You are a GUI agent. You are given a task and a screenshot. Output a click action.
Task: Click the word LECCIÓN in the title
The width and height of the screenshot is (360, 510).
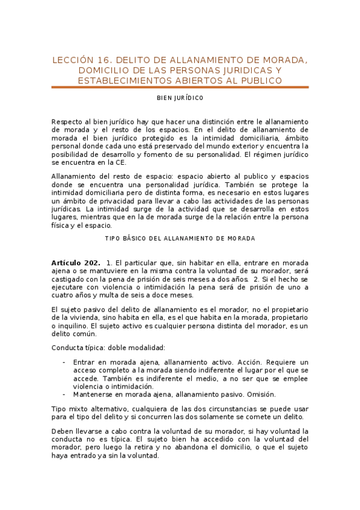pyautogui.click(x=73, y=60)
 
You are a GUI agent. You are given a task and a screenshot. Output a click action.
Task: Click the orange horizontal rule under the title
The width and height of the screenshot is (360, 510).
pyautogui.click(x=180, y=88)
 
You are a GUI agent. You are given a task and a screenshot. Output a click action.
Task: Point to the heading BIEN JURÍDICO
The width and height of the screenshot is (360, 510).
pyautogui.click(x=180, y=98)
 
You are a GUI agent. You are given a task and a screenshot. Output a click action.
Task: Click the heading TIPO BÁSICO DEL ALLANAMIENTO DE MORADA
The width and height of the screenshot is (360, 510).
pyautogui.click(x=180, y=238)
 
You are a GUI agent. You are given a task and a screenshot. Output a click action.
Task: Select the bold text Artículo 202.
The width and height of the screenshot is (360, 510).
pyautogui.click(x=76, y=263)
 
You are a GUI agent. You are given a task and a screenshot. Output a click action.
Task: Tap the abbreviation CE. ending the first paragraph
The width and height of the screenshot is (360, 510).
pyautogui.click(x=120, y=162)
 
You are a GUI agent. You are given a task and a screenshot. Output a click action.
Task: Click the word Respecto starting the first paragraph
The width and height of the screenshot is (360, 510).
pyautogui.click(x=67, y=121)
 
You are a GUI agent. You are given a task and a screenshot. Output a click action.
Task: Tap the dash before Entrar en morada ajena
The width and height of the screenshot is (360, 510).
pyautogui.click(x=64, y=363)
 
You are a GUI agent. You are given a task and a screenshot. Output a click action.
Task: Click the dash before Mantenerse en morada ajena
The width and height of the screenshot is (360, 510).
pyautogui.click(x=64, y=395)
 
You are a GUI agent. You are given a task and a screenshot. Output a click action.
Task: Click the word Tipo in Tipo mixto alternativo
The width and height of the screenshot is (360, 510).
pyautogui.click(x=60, y=409)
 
